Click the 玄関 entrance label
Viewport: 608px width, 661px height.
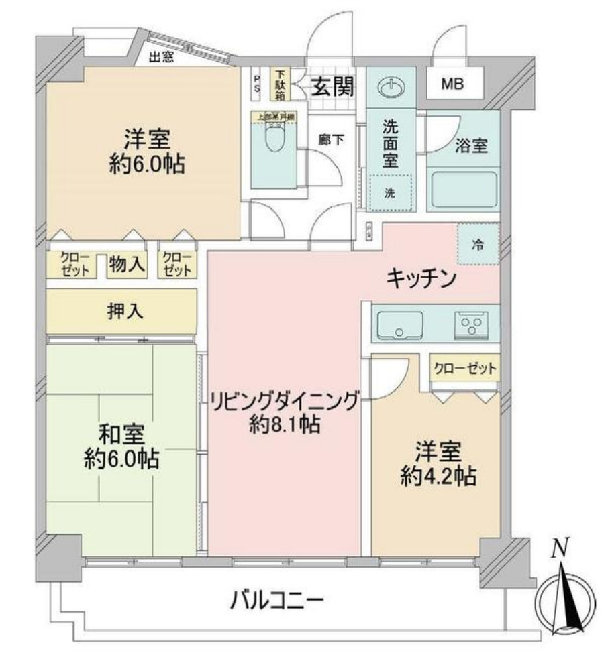(333, 87)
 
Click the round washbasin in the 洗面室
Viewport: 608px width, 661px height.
(390, 88)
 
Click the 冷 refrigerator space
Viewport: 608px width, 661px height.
(478, 244)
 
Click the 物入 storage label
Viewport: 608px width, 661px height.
(128, 264)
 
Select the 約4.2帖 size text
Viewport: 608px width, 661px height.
(435, 476)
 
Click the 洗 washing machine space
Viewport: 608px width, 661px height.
(390, 193)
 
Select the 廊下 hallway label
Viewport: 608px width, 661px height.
(331, 140)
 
